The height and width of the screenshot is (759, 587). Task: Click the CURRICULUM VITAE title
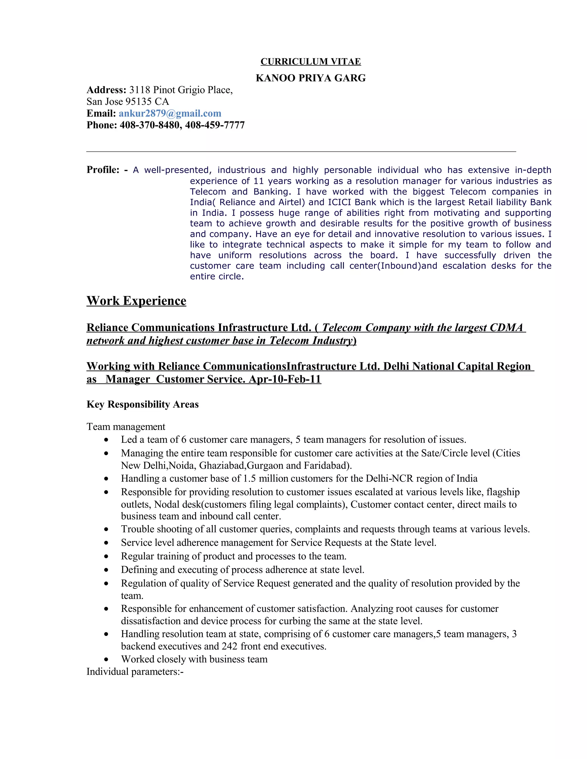pyautogui.click(x=310, y=62)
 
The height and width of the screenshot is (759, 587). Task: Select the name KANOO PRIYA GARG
pyautogui.click(x=310, y=78)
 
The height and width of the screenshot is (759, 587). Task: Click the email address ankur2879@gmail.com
pyautogui.click(x=170, y=113)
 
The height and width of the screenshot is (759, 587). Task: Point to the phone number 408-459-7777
pyautogui.click(x=215, y=125)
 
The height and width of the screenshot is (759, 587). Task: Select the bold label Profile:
pyautogui.click(x=103, y=170)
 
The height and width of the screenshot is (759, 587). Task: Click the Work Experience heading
pyautogui.click(x=136, y=301)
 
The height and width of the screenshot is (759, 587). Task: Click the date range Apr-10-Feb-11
pyautogui.click(x=285, y=379)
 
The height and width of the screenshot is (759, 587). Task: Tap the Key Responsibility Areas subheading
pyautogui.click(x=142, y=404)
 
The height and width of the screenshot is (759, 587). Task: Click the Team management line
pyautogui.click(x=126, y=427)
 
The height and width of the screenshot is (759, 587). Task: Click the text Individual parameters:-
pyautogui.click(x=135, y=672)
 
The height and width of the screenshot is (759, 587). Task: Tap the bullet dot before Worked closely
pyautogui.click(x=106, y=660)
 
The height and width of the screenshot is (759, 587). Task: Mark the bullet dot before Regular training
pyautogui.click(x=106, y=557)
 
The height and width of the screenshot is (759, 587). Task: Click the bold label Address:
pyautogui.click(x=106, y=90)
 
